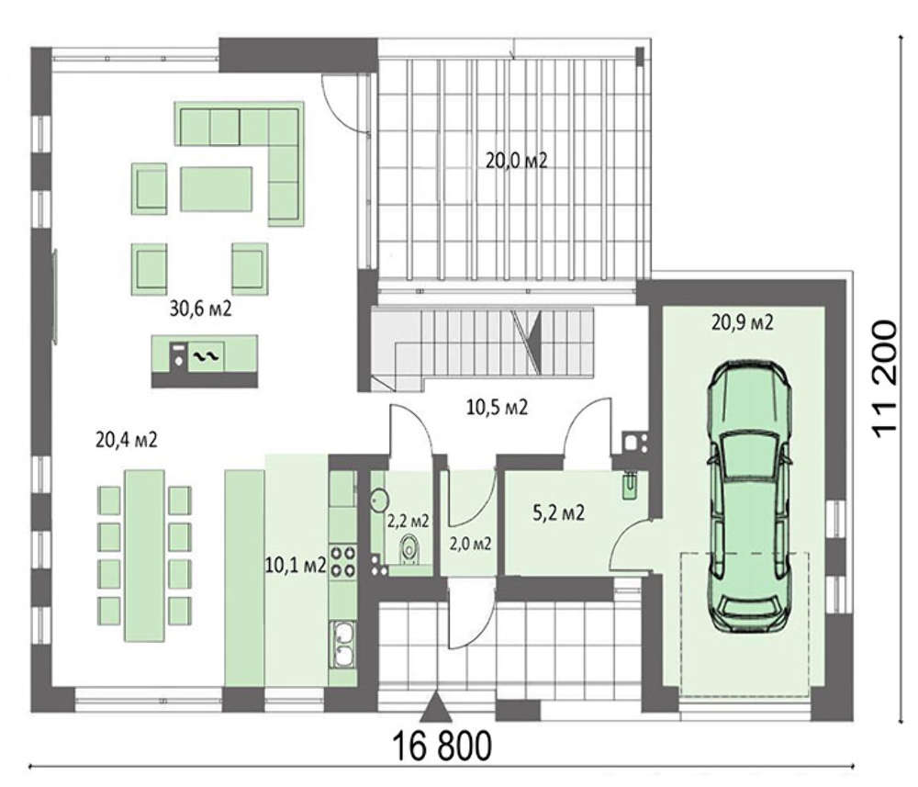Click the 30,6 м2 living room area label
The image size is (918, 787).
tap(200, 308)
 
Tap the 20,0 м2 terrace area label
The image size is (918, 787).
tap(516, 160)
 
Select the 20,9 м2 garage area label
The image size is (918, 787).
tap(742, 321)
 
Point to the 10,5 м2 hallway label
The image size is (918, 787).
tap(497, 407)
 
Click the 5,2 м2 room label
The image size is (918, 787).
tap(558, 513)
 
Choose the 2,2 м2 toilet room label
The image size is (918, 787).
tap(409, 520)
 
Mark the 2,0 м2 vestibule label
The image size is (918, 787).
tap(470, 544)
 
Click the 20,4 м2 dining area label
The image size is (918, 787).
tap(127, 439)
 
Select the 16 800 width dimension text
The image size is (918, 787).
tap(442, 746)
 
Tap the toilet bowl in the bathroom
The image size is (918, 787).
tap(410, 550)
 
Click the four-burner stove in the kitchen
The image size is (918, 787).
tap(343, 560)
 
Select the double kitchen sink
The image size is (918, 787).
tap(343, 644)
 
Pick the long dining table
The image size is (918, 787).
tap(144, 555)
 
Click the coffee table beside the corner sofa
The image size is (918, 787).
tap(216, 188)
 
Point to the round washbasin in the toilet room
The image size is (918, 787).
tap(379, 500)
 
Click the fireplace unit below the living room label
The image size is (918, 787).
tap(205, 361)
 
